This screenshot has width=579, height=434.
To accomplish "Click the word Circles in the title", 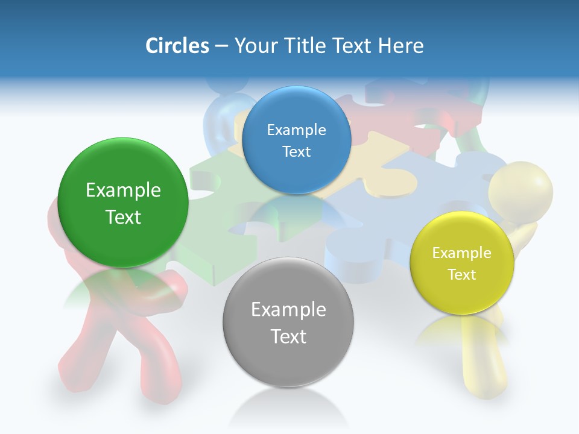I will [177, 46].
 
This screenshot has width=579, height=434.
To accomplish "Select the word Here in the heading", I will [401, 46].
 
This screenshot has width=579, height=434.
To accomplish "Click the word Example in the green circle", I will [123, 190].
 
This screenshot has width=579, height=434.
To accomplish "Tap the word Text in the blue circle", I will [296, 152].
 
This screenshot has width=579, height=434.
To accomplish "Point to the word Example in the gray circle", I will [288, 310].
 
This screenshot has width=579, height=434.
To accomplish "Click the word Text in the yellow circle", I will [462, 275].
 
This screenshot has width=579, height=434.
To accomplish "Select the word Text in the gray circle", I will [288, 336].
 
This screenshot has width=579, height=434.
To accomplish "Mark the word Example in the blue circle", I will [296, 130].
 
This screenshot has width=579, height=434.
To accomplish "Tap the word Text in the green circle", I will [123, 217].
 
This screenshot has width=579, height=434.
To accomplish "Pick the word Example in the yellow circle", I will [462, 253].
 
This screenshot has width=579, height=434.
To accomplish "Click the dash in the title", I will [221, 46].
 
